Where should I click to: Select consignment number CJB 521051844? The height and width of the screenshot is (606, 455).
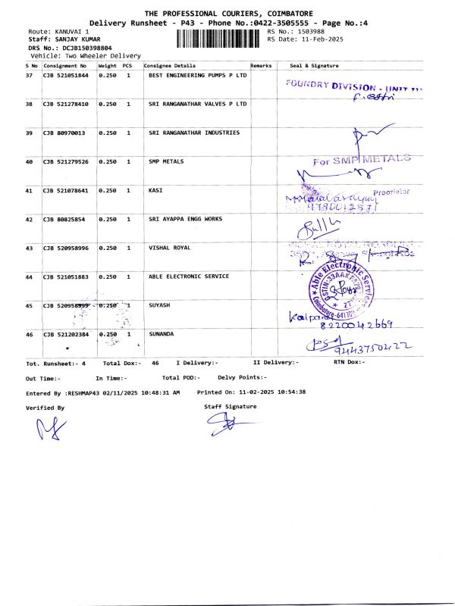[x=65, y=76]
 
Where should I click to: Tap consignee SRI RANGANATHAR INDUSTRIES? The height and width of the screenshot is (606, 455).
[x=194, y=133]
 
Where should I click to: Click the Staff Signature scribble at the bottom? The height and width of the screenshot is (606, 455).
[x=230, y=426]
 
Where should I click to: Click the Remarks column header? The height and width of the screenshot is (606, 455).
[x=261, y=66]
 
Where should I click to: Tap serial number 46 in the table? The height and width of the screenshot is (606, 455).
[x=30, y=333]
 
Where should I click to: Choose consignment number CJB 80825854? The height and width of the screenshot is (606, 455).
[x=64, y=219]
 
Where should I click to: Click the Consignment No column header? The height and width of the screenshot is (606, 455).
[x=64, y=66]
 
